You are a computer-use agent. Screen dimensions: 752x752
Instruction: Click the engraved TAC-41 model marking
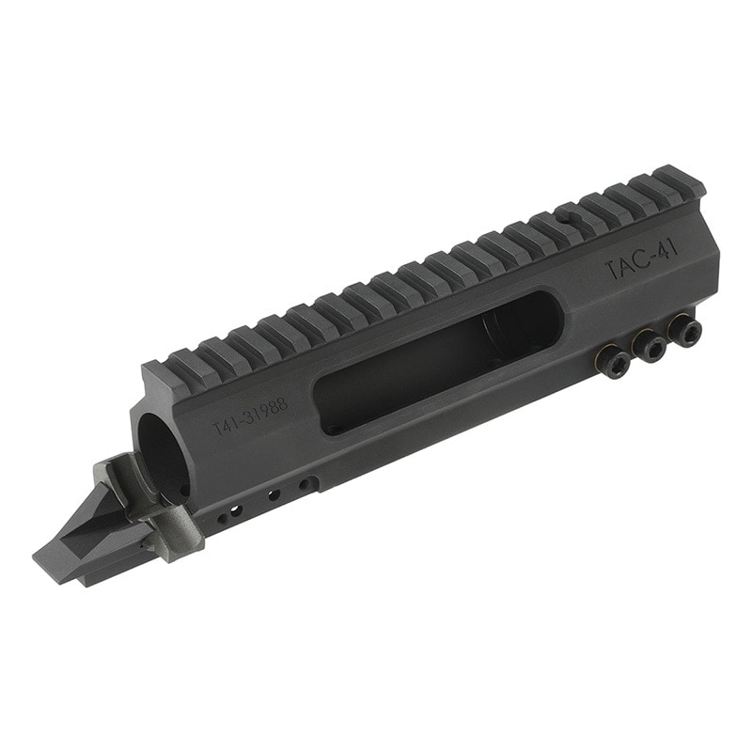pos(640,260)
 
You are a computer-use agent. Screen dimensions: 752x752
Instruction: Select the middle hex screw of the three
pos(649,347)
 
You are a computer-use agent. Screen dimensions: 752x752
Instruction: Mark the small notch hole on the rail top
pos(561,215)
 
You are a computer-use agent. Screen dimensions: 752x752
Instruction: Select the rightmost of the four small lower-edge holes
pos(305,485)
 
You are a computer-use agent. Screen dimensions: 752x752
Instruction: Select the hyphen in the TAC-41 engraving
pos(652,256)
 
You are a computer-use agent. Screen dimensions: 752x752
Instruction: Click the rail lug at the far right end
pos(681,180)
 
